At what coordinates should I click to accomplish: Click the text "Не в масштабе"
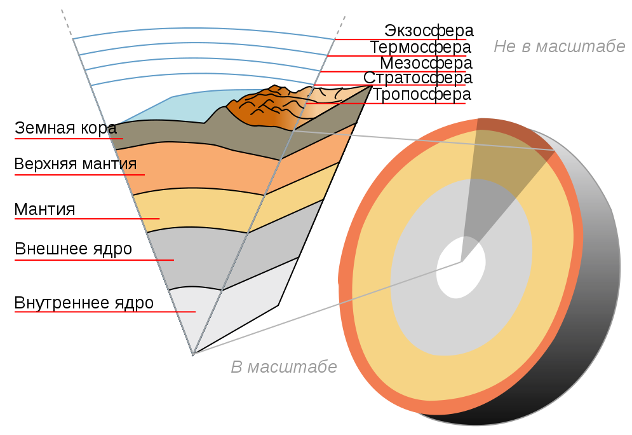click(x=559, y=46)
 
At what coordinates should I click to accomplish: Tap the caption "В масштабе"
click(x=283, y=367)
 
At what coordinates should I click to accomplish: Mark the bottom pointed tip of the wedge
click(x=193, y=354)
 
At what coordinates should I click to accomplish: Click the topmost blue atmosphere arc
click(x=203, y=29)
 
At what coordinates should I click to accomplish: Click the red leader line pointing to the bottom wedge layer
click(x=105, y=312)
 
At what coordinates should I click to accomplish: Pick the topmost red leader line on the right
click(x=400, y=39)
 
